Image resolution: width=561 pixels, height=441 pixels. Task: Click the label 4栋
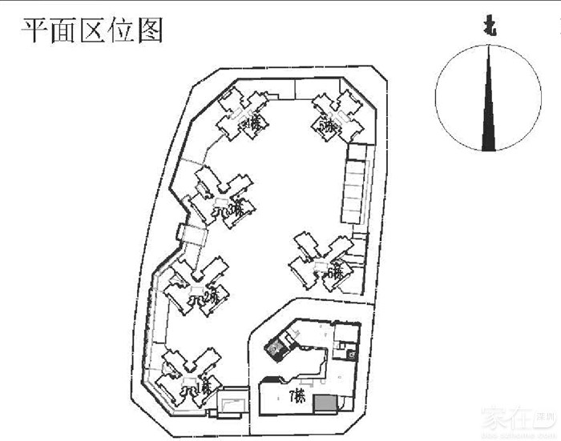tap(254, 123)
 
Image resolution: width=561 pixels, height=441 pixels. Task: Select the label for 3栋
tap(234, 210)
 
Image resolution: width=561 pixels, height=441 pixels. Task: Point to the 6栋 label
tap(335, 272)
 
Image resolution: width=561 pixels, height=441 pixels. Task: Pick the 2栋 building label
tap(211, 298)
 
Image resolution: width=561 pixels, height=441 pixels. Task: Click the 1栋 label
tap(204, 387)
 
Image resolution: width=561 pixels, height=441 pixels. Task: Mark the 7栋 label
tap(297, 395)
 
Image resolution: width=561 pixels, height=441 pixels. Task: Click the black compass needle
tap(487, 104)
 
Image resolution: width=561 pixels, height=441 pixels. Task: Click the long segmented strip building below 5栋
tap(353, 184)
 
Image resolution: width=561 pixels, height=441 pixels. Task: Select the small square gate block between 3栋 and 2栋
tap(192, 235)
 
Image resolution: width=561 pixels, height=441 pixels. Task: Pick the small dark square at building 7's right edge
tap(352, 349)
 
